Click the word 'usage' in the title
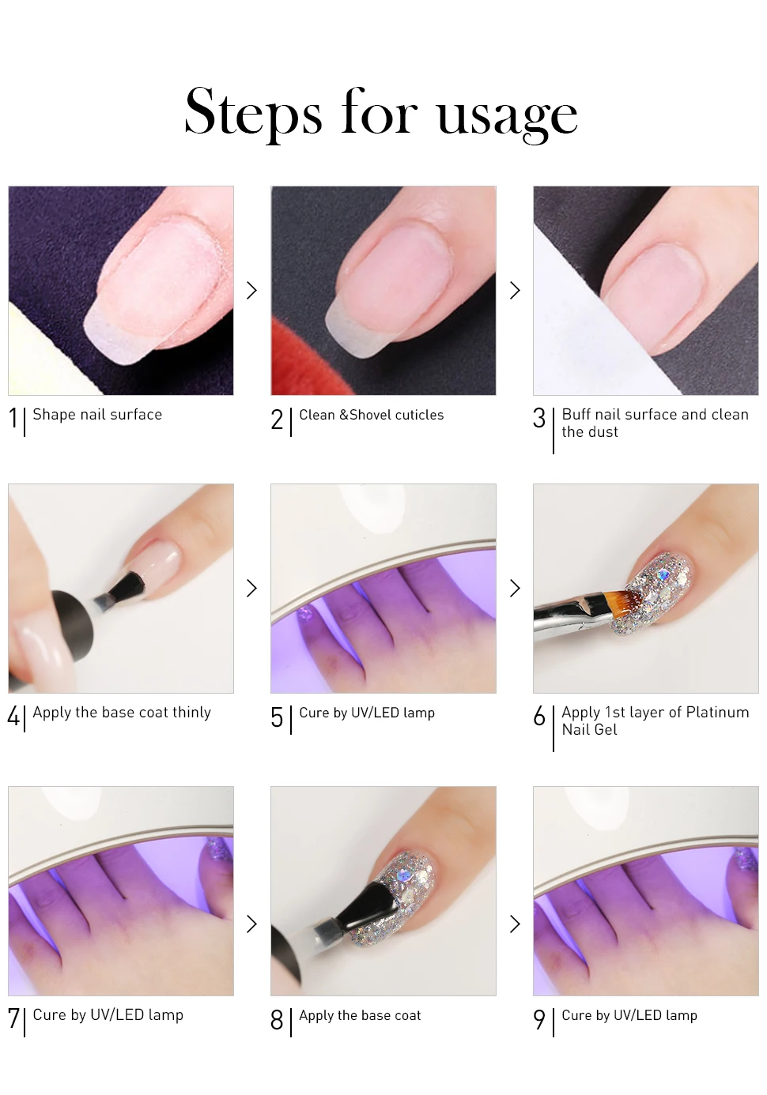pyautogui.click(x=508, y=117)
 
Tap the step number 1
pyautogui.click(x=13, y=419)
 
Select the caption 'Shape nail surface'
pyautogui.click(x=97, y=415)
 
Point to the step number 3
pyautogui.click(x=539, y=419)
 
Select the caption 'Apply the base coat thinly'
pyautogui.click(x=122, y=713)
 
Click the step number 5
pyautogui.click(x=277, y=717)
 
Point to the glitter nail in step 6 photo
pyautogui.click(x=653, y=593)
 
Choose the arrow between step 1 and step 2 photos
pyautogui.click(x=252, y=291)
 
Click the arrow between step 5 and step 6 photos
pyautogui.click(x=515, y=588)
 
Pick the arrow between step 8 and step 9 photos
pyautogui.click(x=515, y=924)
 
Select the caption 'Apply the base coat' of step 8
pyautogui.click(x=360, y=1015)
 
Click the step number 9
pyautogui.click(x=539, y=1020)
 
